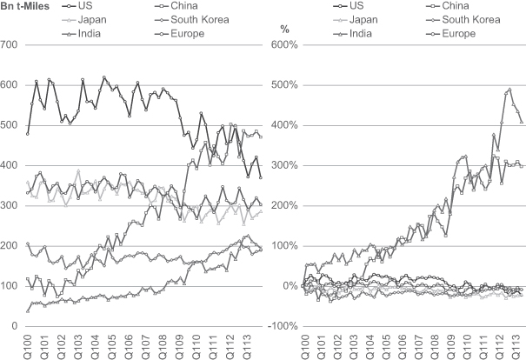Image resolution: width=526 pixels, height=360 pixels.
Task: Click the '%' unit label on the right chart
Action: [283, 30]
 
